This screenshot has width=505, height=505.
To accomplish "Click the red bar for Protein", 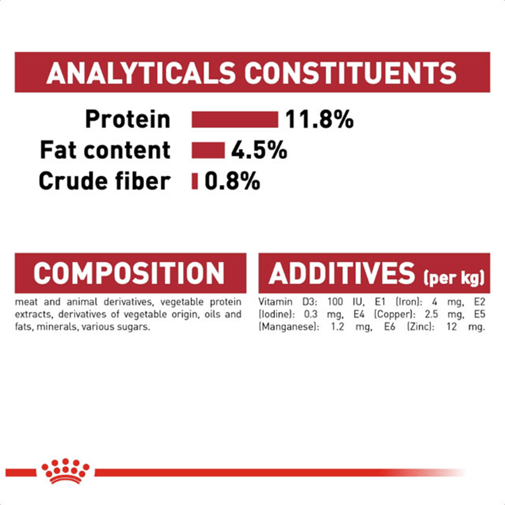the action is [235, 120].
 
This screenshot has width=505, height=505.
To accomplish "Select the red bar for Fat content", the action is [208, 150].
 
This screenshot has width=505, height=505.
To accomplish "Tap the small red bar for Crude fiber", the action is [194, 181].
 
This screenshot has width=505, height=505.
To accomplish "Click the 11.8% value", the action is [320, 120].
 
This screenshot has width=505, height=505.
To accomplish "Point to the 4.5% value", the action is [259, 150].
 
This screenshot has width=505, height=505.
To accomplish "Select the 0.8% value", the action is [232, 181].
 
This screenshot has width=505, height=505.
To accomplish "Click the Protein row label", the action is [128, 120].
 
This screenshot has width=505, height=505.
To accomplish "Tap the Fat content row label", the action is [105, 150].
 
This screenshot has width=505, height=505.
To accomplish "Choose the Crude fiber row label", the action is [105, 181].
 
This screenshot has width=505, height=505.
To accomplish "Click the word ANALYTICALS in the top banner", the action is [141, 73].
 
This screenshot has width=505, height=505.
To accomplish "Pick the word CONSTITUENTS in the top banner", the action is [351, 73].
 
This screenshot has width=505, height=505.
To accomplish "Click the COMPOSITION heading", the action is [129, 273].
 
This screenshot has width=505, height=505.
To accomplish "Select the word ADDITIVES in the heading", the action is [342, 273].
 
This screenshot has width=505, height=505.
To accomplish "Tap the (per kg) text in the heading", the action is [454, 278].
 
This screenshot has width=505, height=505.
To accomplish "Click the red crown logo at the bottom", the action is [65, 471].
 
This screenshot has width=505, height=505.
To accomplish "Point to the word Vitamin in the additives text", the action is [275, 302].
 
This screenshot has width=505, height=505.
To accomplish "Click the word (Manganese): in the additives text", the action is [289, 327].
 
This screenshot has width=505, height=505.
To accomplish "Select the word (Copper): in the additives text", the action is [393, 314].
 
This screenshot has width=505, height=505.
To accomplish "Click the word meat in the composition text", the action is [26, 302].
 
